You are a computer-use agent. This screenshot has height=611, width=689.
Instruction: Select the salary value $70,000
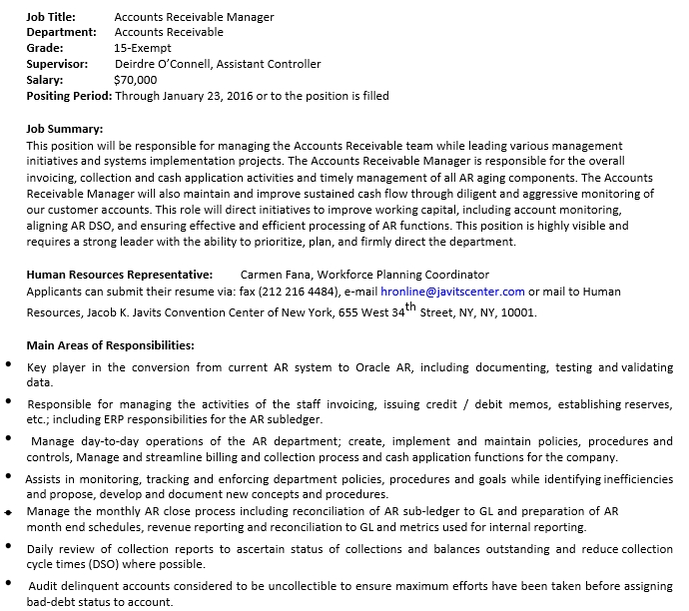[x=136, y=80]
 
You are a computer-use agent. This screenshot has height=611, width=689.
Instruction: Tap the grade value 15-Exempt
[x=144, y=48]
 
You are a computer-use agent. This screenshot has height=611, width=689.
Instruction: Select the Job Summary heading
[x=64, y=129]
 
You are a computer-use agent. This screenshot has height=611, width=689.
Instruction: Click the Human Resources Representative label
[x=119, y=275]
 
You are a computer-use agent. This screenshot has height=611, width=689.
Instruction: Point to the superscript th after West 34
[x=409, y=306]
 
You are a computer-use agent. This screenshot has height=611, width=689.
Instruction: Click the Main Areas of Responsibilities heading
[x=110, y=345]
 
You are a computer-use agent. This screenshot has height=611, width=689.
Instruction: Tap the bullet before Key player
[x=9, y=367]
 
